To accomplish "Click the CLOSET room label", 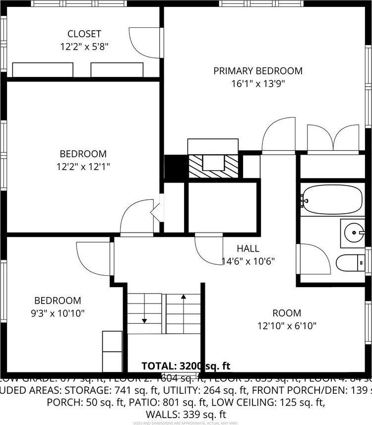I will [84, 34].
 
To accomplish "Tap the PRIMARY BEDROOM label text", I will [257, 71].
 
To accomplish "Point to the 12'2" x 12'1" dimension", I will [83, 167].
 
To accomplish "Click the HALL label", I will [248, 248].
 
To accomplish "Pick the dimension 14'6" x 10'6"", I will [248, 261].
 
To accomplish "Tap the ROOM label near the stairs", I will [286, 313].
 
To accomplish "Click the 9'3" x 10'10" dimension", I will [57, 313].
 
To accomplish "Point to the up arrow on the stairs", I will [184, 298].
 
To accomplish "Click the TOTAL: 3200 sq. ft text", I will [186, 366].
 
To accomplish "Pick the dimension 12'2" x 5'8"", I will [84, 47].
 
